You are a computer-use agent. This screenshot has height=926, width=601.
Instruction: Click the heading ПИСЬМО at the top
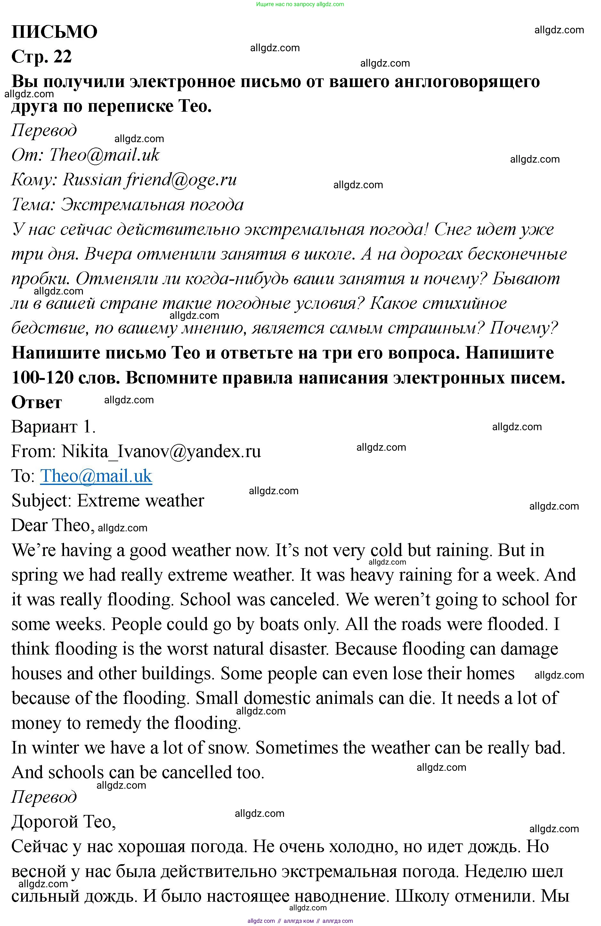point(54,32)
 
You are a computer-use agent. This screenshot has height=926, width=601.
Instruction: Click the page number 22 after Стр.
point(63,57)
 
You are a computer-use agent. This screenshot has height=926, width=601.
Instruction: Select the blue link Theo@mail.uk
point(96,476)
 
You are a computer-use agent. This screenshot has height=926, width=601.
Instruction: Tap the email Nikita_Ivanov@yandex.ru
point(161,451)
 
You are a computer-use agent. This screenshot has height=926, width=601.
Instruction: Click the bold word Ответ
point(37,402)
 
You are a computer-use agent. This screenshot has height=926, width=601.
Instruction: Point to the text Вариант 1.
point(53,427)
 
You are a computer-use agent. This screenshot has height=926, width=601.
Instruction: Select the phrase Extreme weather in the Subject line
point(140,501)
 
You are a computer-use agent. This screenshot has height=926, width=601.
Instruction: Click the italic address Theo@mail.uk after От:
point(104,155)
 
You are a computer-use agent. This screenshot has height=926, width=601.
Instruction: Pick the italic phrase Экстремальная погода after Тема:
point(152,205)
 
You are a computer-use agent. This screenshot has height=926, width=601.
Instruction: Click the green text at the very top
point(300,4)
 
